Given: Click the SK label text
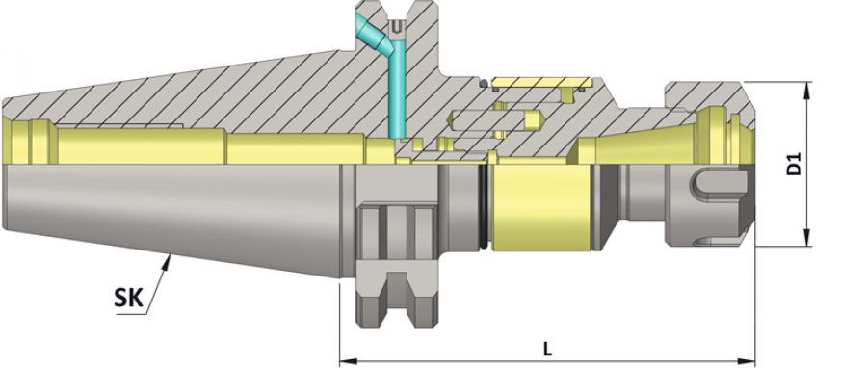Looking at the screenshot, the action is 128,299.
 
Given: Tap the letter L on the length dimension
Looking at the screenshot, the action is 547,349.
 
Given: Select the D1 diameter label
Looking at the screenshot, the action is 794,164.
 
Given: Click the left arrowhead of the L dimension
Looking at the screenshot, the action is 347,362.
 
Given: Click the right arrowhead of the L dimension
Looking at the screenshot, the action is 748,362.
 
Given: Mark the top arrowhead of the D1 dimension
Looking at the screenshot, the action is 807,90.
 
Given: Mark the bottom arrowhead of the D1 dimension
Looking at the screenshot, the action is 807,238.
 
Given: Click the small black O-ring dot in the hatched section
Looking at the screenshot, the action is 484,84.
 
